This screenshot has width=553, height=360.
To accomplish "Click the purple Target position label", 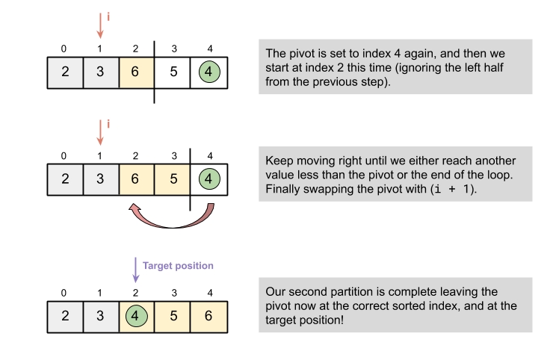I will pyautogui.click(x=178, y=266).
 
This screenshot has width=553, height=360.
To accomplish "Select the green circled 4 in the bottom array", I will pyautogui.click(x=136, y=314).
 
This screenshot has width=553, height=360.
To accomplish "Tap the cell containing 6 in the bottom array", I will pyautogui.click(x=209, y=314).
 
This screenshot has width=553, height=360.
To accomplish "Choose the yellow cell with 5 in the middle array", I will pyautogui.click(x=173, y=180).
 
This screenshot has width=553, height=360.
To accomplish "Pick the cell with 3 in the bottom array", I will pyautogui.click(x=100, y=314).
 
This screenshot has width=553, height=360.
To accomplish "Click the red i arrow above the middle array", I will pyautogui.click(x=100, y=131).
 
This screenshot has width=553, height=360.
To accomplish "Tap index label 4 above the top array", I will pyautogui.click(x=209, y=49).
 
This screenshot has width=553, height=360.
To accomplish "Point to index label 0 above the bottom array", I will pyautogui.click(x=64, y=291).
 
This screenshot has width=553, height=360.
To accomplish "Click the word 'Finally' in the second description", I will pyautogui.click(x=284, y=189).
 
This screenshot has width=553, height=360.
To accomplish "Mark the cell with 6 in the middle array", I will pyautogui.click(x=136, y=180).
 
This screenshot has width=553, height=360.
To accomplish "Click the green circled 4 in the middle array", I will pyautogui.click(x=209, y=180).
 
